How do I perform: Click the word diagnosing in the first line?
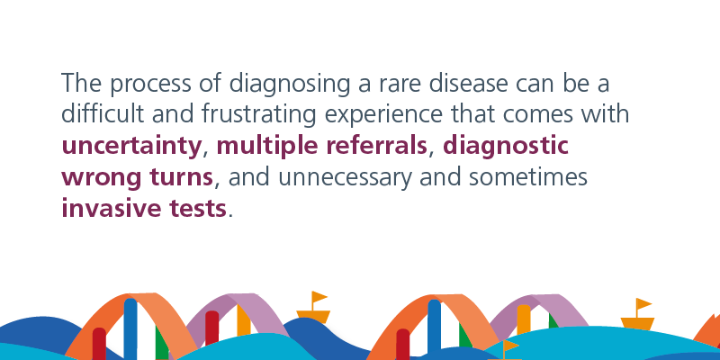pos(289,85)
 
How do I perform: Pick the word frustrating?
pos(258,115)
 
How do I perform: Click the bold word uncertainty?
pos(131,147)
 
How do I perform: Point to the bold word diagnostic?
pos(505,147)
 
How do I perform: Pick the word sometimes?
pos(528,176)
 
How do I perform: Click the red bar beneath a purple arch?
pos(211,328)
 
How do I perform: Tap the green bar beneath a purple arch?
pos(553,321)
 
